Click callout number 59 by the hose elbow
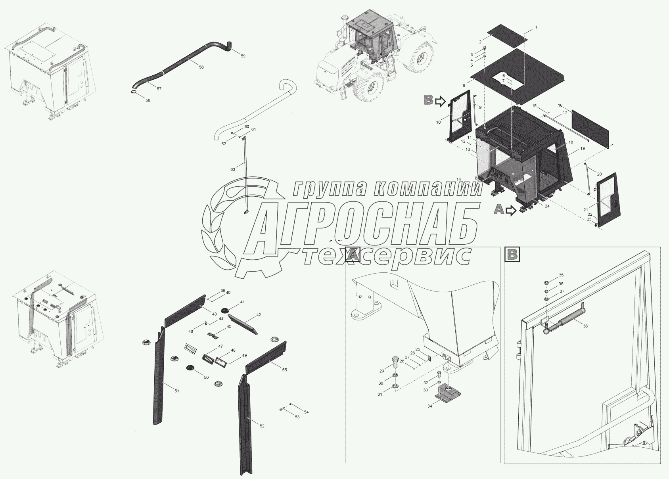(243, 56)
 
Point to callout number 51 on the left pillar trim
(177, 391)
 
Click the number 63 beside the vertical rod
(232, 169)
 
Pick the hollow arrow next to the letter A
(512, 211)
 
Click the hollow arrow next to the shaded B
(440, 102)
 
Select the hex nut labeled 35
(546, 283)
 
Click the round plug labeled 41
(229, 309)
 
